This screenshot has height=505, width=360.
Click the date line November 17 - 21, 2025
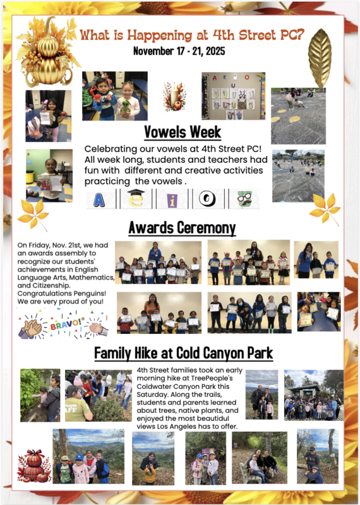coord(179,50)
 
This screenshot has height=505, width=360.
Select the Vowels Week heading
coord(183,132)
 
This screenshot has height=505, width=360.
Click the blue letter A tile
coord(99,199)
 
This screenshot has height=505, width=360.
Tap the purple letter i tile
coord(171,199)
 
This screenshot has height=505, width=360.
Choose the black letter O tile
coord(207,199)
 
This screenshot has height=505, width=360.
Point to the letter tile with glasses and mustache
coord(243,199)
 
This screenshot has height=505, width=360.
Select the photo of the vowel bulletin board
coord(233,95)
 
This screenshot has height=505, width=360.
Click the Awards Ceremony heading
coord(182,227)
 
